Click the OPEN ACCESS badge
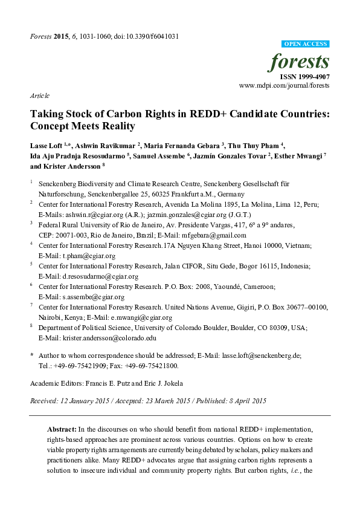click(306, 44)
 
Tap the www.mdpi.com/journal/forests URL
click(284, 86)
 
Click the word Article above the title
click(39, 96)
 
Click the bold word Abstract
click(62, 428)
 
